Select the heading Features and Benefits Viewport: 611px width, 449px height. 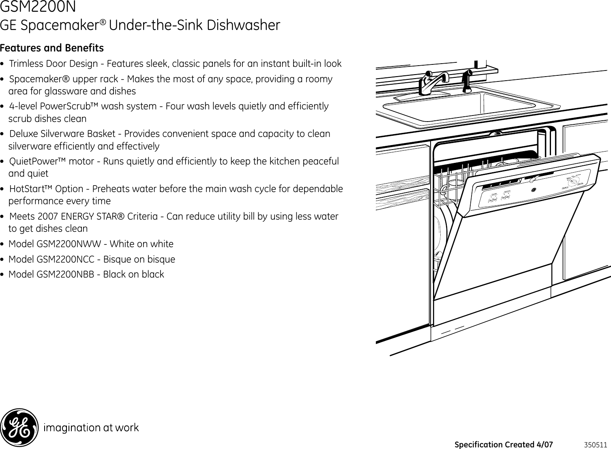point(52,48)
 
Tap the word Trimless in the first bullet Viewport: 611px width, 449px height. point(25,64)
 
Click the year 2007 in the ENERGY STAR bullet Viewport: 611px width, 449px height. point(47,217)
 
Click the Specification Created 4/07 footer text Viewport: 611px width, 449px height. point(504,445)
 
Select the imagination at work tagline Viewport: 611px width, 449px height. point(91,428)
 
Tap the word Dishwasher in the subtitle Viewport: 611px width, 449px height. point(243,25)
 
